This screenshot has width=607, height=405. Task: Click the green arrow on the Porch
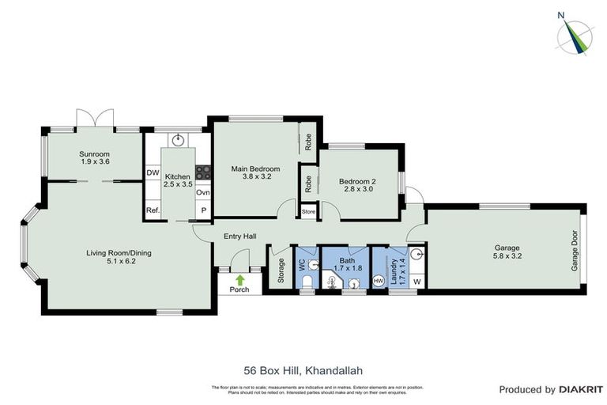pos(239,279)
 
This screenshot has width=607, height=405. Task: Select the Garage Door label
pos(575,252)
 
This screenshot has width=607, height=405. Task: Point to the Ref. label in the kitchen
pos(153,210)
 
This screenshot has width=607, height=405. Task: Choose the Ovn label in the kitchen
pos(202,192)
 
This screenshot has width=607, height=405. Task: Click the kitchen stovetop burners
pos(202,172)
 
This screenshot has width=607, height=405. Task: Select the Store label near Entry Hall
pos(308,212)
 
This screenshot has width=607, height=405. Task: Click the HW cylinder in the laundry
pos(379,280)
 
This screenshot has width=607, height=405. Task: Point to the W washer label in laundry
pos(417,281)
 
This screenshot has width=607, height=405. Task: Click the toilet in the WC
pos(307,279)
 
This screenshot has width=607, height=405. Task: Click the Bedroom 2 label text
pos(357,181)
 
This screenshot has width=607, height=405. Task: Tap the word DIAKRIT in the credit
pos(581,389)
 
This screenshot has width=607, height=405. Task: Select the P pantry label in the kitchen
pos(202,210)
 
